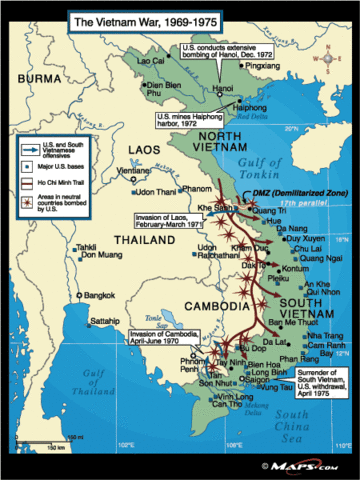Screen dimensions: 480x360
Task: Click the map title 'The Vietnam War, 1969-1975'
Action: coord(126,19)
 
